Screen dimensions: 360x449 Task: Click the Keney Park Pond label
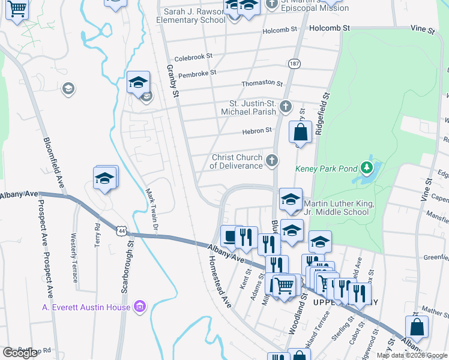tap(326, 169)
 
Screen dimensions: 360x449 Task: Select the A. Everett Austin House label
tap(86, 308)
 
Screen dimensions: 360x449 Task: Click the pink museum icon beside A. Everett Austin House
tap(140, 307)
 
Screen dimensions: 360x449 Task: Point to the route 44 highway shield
tap(122, 230)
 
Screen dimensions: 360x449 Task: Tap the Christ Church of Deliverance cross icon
tap(272, 160)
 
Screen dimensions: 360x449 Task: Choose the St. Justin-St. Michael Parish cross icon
tap(286, 107)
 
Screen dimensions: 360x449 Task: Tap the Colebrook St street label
tap(193, 56)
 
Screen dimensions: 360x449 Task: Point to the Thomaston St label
tap(262, 83)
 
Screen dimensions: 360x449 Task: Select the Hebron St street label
tap(257, 130)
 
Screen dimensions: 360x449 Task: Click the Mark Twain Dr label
tap(151, 210)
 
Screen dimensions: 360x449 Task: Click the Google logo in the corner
tap(20, 352)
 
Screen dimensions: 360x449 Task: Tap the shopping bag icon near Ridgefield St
tap(301, 132)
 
